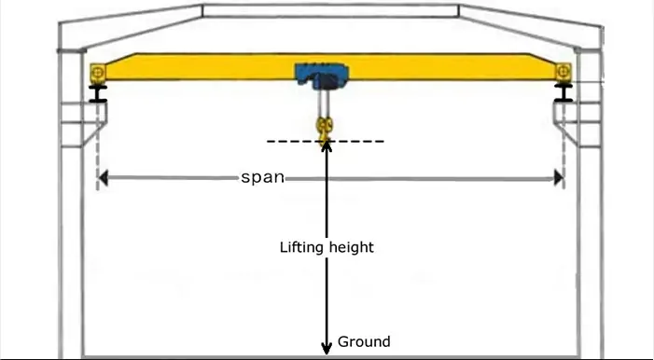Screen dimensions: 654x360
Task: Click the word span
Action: pos(263,178)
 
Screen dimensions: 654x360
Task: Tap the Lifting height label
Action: pos(327,247)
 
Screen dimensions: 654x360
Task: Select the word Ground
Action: pos(364,341)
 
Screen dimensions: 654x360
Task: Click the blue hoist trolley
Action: pos(321,76)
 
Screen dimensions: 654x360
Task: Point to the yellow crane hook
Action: pos(325,129)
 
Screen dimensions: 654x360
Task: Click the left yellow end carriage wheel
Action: pos(98,73)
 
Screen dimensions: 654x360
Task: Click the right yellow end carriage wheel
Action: pos(564,72)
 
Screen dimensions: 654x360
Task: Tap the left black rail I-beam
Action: pos(98,93)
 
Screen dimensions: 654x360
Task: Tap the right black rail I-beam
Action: pos(564,92)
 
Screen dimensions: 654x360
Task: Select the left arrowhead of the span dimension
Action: pos(103,178)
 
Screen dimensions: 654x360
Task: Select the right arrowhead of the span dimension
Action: pos(559,178)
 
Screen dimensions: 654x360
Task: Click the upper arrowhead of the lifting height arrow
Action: pos(327,146)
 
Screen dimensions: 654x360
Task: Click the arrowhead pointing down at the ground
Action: pos(327,348)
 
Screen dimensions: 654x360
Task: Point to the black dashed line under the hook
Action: pos(326,142)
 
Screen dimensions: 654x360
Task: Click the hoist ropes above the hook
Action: pos(323,103)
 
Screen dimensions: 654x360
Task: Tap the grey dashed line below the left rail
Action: pos(99,146)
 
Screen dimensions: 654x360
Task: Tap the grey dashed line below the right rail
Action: pos(564,146)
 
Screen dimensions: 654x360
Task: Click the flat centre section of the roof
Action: pos(331,11)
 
